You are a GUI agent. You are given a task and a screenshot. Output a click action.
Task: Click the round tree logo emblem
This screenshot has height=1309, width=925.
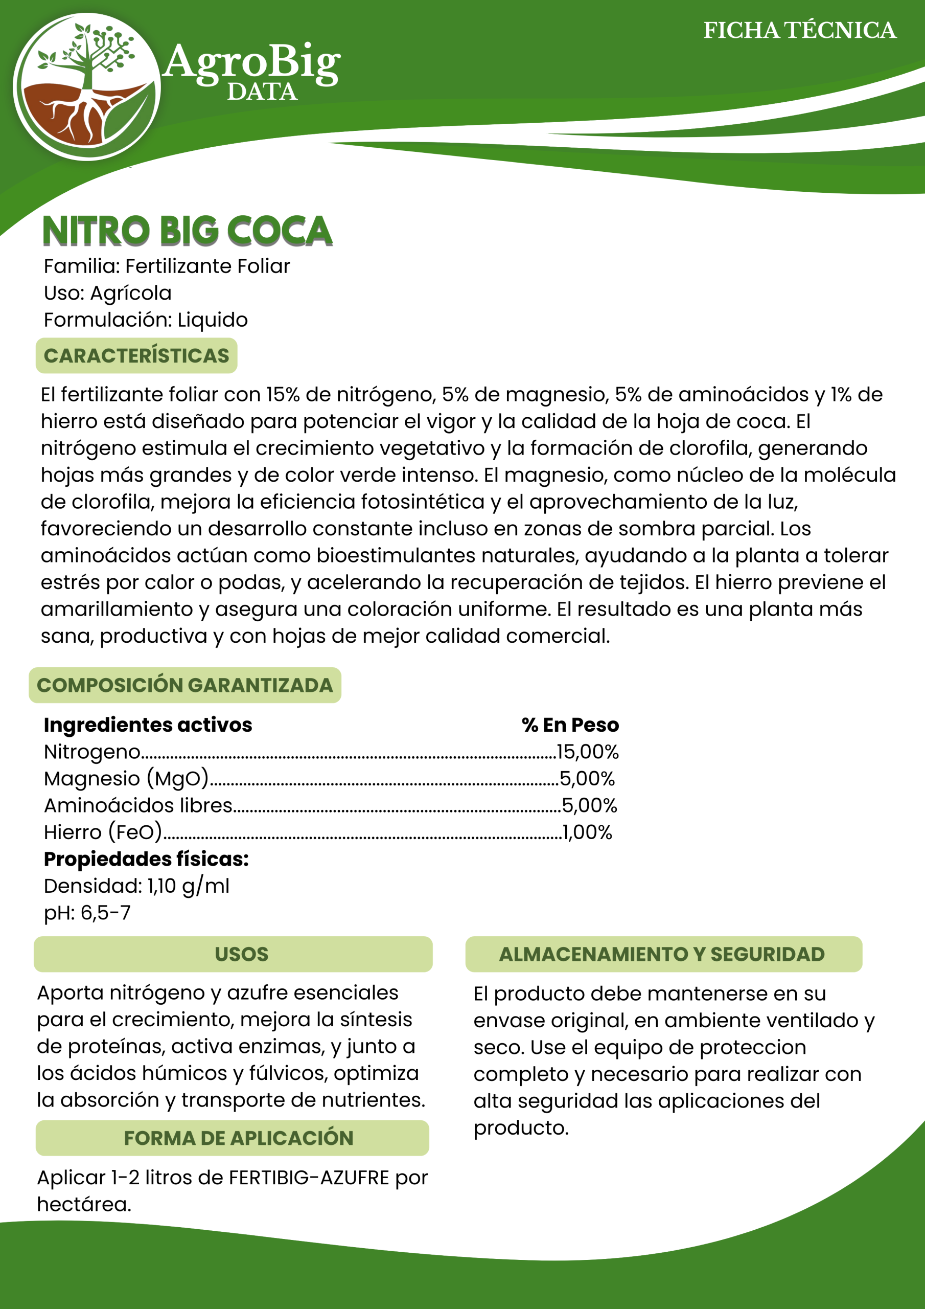[87, 86]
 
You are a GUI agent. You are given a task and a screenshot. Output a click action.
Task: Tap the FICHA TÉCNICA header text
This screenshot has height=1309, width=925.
[799, 30]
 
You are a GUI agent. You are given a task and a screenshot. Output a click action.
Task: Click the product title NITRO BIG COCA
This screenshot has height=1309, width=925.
[187, 231]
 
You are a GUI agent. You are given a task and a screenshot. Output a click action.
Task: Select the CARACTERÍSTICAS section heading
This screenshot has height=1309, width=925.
[136, 356]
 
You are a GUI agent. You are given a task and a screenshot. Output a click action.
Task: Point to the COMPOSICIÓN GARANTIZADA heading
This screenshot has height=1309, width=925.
[184, 685]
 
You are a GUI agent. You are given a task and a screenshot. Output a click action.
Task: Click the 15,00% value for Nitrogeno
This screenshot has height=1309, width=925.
[587, 752]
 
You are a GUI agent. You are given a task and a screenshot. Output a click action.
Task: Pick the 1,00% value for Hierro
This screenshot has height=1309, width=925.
[587, 832]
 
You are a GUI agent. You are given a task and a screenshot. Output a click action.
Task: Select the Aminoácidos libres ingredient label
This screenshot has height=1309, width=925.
[138, 805]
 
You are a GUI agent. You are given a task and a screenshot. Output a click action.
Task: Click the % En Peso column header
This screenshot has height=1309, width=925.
[570, 725]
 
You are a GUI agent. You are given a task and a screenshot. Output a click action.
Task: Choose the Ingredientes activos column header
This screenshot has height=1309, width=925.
[148, 725]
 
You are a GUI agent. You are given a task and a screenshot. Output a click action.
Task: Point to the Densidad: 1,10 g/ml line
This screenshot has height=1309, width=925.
[137, 886]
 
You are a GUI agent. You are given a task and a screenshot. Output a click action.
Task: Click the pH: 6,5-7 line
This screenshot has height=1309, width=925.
[87, 913]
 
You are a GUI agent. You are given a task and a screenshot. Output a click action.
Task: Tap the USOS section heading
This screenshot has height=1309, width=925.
[241, 954]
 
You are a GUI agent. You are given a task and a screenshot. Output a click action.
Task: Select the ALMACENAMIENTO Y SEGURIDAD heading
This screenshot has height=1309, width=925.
[662, 954]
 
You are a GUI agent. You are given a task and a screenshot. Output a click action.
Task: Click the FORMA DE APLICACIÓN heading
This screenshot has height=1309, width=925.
[238, 1138]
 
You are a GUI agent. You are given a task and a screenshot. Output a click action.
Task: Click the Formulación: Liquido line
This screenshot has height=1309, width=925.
[146, 320]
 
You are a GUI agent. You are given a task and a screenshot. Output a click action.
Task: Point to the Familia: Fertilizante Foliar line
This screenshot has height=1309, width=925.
[167, 266]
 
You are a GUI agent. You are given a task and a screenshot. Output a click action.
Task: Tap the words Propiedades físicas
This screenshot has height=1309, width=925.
[146, 859]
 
